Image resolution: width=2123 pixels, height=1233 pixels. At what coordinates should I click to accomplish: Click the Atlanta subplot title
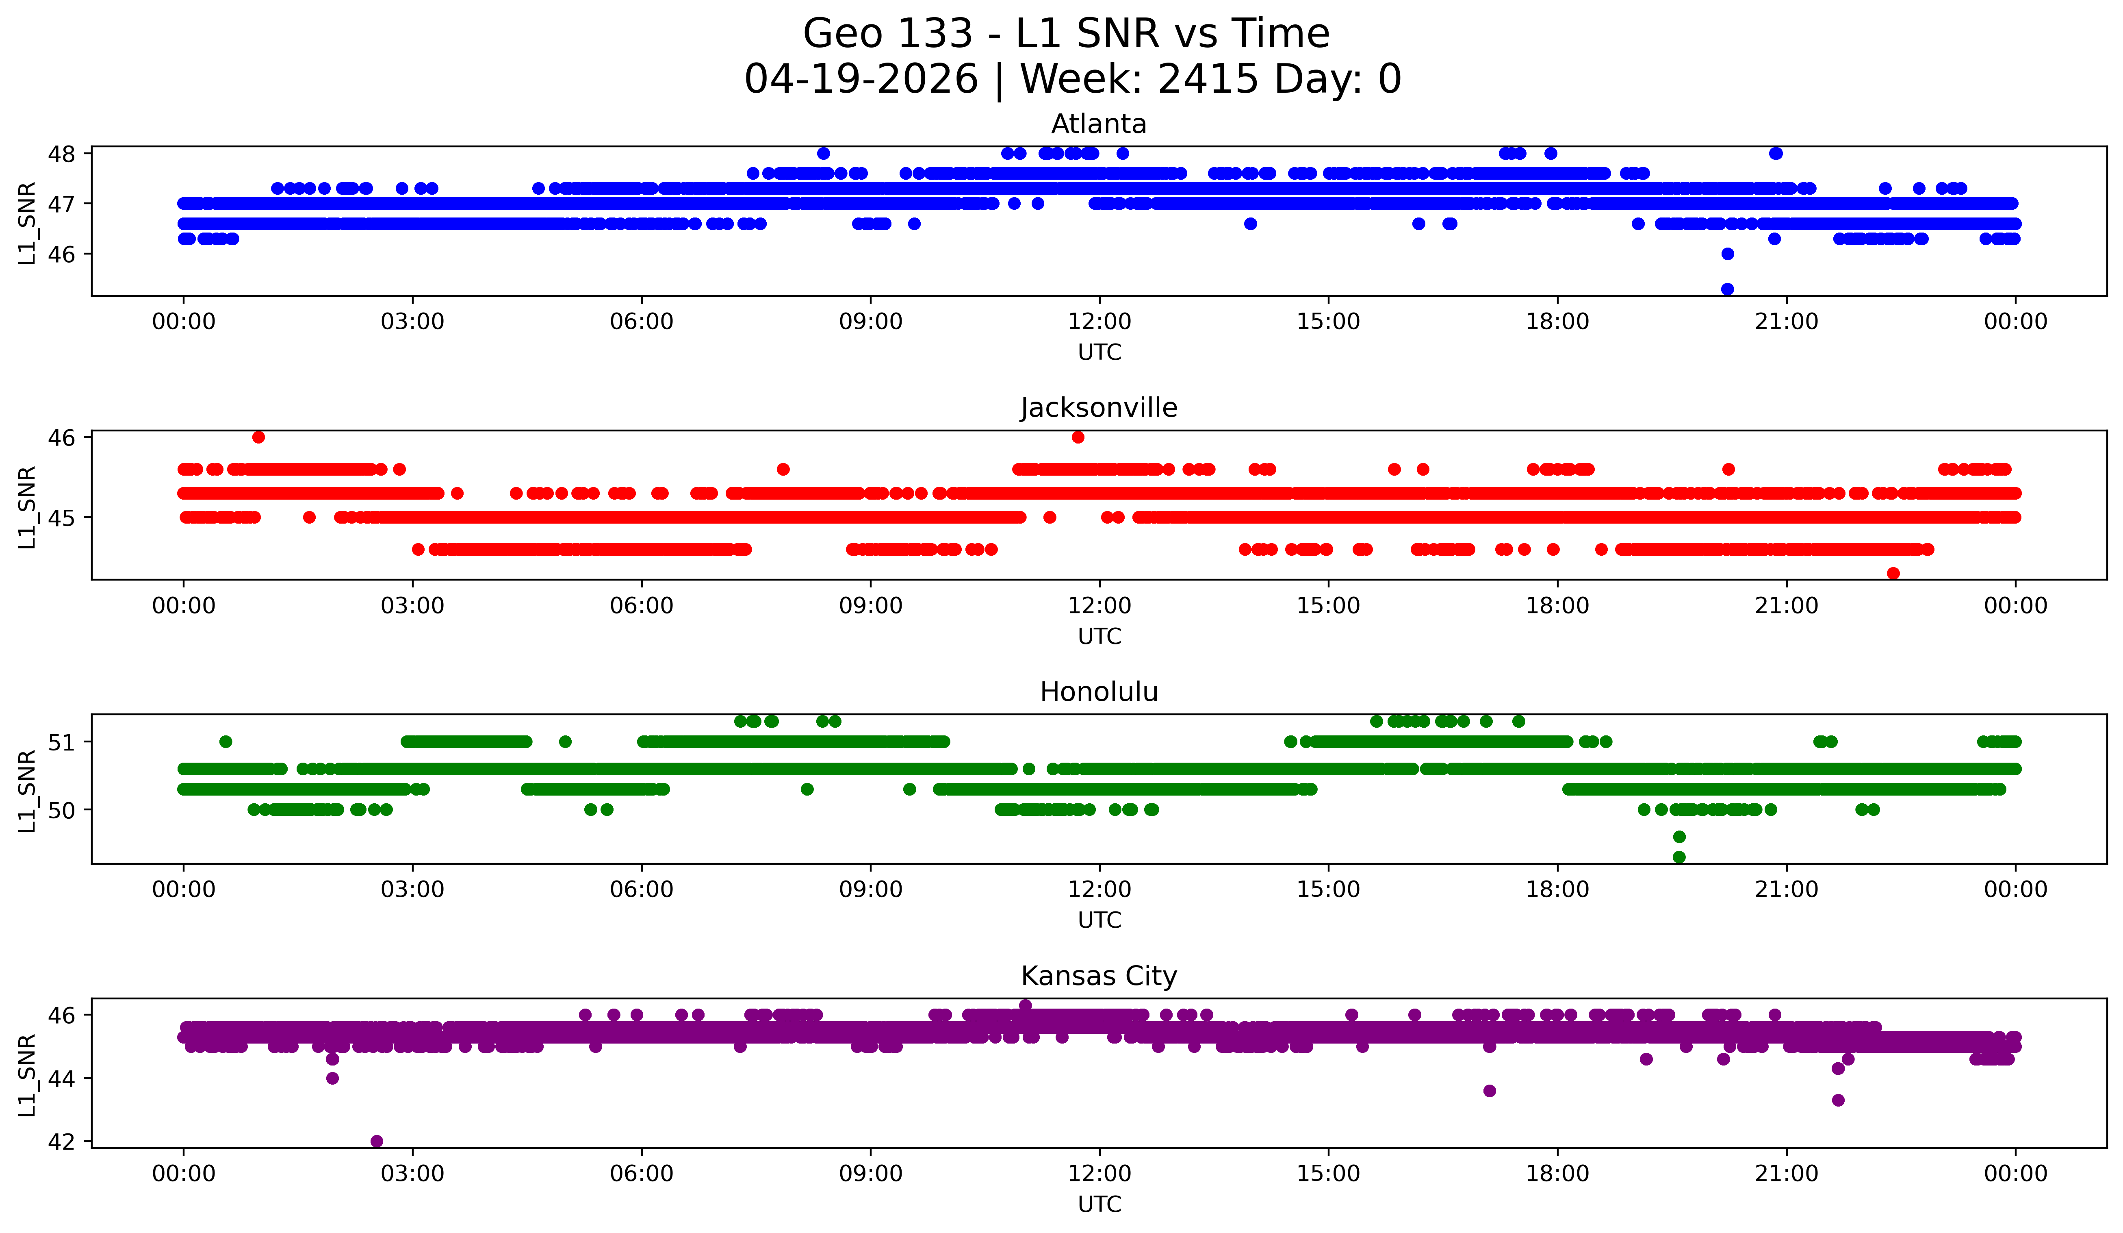tap(1099, 124)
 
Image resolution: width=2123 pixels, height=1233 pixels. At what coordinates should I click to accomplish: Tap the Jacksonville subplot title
tap(1099, 408)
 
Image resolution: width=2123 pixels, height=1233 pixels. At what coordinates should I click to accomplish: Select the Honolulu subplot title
tap(1099, 692)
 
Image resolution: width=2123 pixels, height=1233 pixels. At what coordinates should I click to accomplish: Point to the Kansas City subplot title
tap(1099, 976)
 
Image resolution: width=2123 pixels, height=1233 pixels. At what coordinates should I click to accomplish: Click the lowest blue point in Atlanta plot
tap(1727, 289)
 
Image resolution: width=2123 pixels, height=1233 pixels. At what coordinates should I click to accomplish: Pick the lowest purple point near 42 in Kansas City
tap(377, 1141)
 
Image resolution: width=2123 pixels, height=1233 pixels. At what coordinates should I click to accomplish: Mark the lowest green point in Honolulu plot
tap(1679, 857)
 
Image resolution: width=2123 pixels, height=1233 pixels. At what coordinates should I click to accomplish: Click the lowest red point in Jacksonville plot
tap(1893, 573)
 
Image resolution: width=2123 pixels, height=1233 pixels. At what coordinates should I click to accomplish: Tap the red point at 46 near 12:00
tap(1078, 437)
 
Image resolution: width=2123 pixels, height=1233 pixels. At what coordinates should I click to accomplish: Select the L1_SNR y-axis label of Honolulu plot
tap(27, 791)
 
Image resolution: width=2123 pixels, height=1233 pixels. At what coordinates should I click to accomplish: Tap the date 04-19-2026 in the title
tap(861, 79)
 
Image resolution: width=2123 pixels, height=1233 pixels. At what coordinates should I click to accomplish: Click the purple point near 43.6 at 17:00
tap(1490, 1091)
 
